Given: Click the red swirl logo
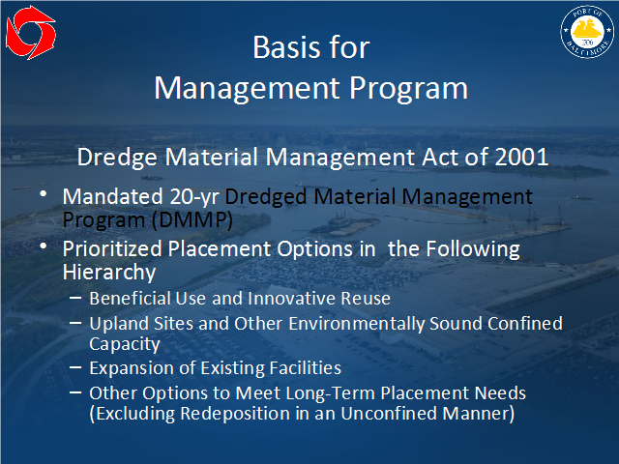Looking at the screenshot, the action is (31, 32).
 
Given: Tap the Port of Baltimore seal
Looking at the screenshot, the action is (587, 32).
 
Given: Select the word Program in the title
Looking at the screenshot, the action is (408, 88).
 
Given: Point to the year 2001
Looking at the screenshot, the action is (521, 157).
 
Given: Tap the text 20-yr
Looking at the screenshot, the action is (194, 197).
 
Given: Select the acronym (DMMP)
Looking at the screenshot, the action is (192, 220).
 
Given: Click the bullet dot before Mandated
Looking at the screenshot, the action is (44, 193).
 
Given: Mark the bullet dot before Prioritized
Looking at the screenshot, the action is (44, 246).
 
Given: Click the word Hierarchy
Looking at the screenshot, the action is (109, 273).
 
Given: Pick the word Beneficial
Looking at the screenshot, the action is (131, 299).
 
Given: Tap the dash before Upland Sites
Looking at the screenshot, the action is (75, 323).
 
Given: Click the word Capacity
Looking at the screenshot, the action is (125, 344).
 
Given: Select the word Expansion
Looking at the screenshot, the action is (133, 368).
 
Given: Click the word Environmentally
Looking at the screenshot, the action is (357, 324).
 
